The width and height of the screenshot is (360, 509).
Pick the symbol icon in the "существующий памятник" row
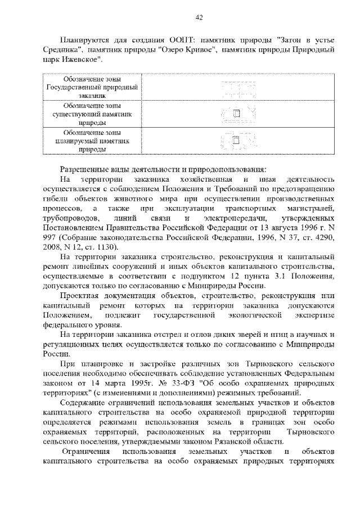click(236, 114)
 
